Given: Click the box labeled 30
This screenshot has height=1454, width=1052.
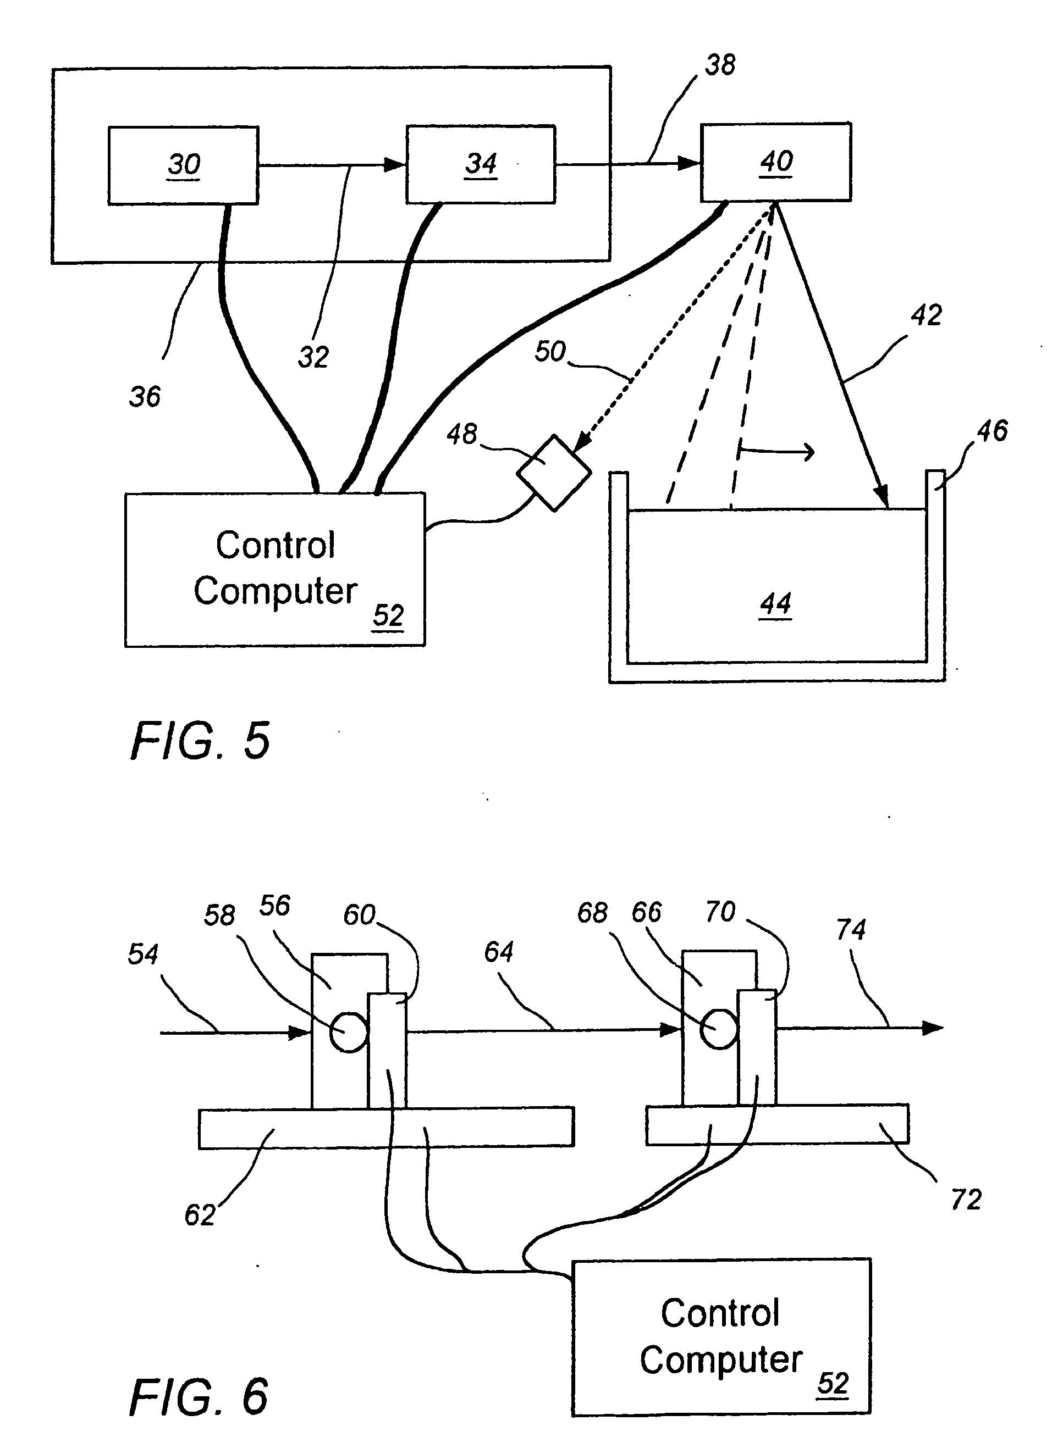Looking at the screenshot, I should pyautogui.click(x=184, y=165).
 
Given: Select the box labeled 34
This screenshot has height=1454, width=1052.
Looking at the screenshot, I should pyautogui.click(x=481, y=165).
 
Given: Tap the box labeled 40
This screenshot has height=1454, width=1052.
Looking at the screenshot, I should pyautogui.click(x=775, y=162).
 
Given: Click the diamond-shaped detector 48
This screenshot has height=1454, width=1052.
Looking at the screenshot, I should pyautogui.click(x=553, y=473).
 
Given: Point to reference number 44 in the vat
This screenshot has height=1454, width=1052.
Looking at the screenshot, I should pyautogui.click(x=775, y=604).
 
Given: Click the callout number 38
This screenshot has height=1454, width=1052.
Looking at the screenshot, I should pyautogui.click(x=720, y=65).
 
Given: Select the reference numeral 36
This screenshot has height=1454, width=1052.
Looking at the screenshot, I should pyautogui.click(x=145, y=397).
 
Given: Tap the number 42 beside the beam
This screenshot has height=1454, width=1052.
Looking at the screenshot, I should pyautogui.click(x=926, y=315).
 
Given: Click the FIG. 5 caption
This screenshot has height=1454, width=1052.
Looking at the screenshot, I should pyautogui.click(x=200, y=741).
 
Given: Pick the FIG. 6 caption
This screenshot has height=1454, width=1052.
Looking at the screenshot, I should pyautogui.click(x=199, y=1397).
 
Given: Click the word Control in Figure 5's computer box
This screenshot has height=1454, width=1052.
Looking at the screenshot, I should pyautogui.click(x=275, y=546).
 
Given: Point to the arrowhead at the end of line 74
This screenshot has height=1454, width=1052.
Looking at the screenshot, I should pyautogui.click(x=933, y=1028).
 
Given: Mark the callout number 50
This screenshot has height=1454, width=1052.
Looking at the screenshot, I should pyautogui.click(x=550, y=352).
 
